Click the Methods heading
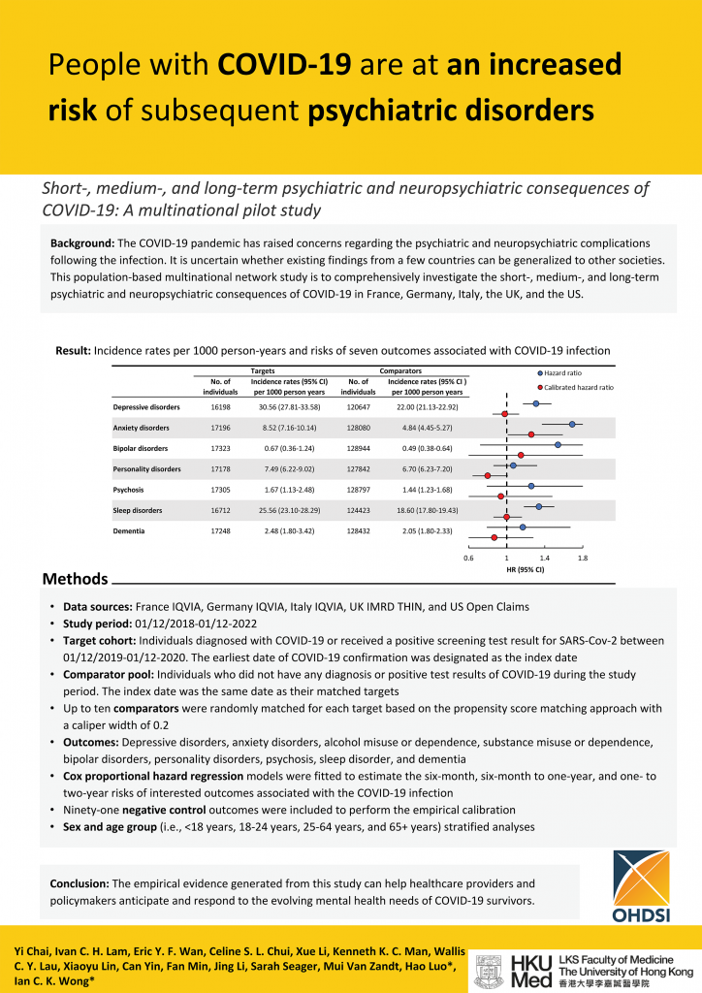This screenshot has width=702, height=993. pyautogui.click(x=75, y=579)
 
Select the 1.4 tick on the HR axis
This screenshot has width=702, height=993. pyautogui.click(x=544, y=559)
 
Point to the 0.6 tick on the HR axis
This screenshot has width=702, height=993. pyautogui.click(x=468, y=559)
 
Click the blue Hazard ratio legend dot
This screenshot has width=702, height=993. pyautogui.click(x=540, y=372)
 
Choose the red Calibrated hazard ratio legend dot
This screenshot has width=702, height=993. pyautogui.click(x=540, y=387)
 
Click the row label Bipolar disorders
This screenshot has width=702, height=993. pyautogui.click(x=141, y=448)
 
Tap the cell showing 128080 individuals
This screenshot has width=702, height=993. pyautogui.click(x=358, y=428)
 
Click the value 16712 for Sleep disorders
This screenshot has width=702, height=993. pyautogui.click(x=220, y=510)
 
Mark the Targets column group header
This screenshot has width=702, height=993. pyautogui.click(x=263, y=370)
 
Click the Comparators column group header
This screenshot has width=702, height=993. pyautogui.click(x=399, y=370)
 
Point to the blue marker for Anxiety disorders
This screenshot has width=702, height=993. pyautogui.click(x=573, y=424)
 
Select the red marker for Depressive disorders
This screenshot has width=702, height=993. pyautogui.click(x=505, y=413)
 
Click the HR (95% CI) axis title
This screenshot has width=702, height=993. pyautogui.click(x=526, y=570)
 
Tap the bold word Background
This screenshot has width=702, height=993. pyautogui.click(x=82, y=241)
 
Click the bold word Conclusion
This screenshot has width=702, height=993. pyautogui.click(x=80, y=883)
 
